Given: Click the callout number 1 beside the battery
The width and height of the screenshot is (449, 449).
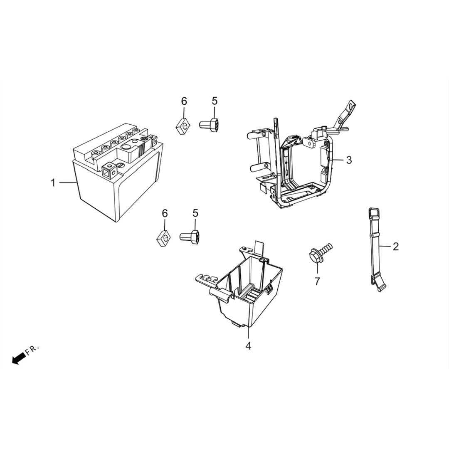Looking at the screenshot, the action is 53,183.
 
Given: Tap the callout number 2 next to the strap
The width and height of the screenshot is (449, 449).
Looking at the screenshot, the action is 395,246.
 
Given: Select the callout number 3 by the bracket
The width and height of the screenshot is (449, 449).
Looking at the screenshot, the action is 349,160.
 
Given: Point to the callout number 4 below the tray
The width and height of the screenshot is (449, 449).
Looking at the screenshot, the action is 248,346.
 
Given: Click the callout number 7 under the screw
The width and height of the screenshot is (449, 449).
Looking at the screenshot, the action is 317,281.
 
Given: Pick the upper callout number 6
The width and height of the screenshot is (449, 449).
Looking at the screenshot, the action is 184,101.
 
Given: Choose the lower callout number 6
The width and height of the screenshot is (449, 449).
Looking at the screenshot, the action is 165,213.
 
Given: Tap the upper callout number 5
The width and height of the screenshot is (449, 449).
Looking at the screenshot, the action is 215,101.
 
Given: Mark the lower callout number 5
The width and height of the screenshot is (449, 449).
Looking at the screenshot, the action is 195,213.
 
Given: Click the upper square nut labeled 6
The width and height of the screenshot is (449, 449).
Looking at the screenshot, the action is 183,126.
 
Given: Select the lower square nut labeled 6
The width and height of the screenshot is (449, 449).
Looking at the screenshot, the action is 164,238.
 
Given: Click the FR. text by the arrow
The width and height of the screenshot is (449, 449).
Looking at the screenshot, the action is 32,350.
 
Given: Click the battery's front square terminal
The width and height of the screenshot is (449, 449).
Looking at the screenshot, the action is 109,171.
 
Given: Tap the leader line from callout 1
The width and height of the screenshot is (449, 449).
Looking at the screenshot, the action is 68,183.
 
